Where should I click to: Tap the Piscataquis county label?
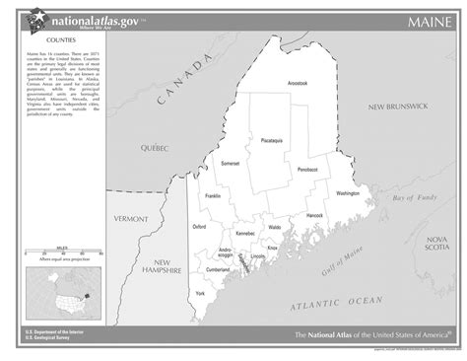(272, 141)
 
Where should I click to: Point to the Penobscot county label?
(307, 170)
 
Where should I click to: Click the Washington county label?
(348, 193)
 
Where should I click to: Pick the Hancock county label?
(314, 214)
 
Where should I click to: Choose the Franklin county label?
(212, 196)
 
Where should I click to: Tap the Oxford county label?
(199, 226)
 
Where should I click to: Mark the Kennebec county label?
(244, 234)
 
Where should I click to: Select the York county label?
(200, 294)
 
